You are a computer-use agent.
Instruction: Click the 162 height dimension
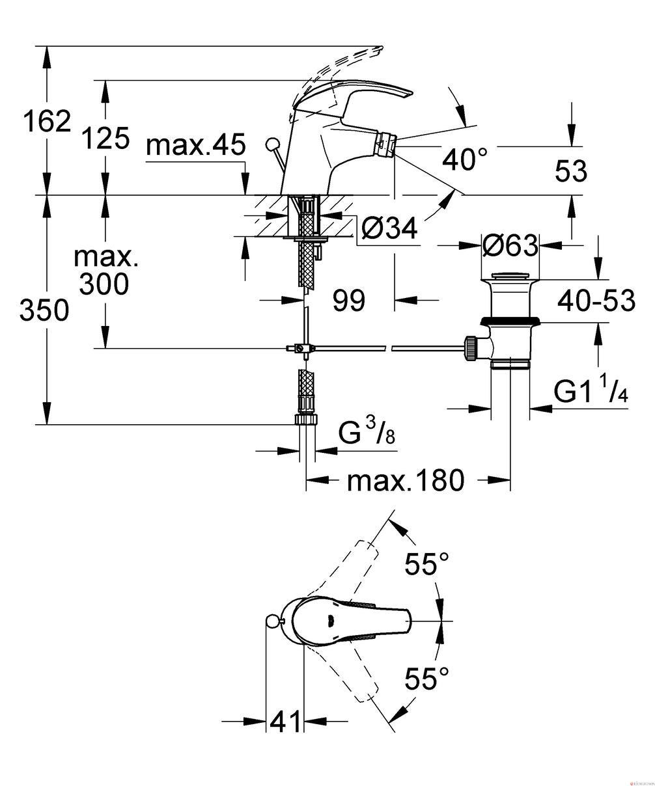[47, 121]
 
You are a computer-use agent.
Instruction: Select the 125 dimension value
[106, 138]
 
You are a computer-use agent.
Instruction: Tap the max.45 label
[196, 145]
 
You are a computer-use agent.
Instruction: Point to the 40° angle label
[465, 159]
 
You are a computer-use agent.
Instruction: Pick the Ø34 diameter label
[389, 228]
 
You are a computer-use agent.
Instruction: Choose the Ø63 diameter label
[510, 246]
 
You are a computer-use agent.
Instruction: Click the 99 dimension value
[349, 301]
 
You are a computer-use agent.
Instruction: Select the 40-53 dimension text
[596, 301]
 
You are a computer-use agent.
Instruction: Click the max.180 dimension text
[406, 481]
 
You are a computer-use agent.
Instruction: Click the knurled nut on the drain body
[471, 349]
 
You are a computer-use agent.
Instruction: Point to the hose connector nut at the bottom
[306, 419]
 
